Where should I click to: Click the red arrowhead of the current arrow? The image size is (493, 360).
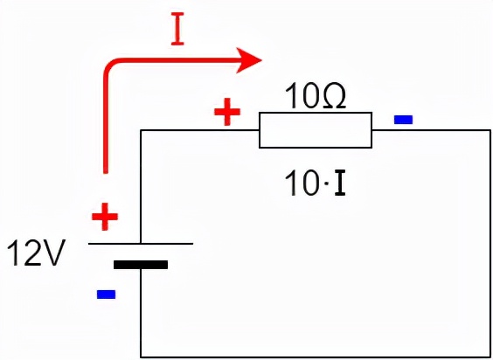(248, 60)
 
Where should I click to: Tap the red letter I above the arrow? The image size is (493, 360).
(177, 29)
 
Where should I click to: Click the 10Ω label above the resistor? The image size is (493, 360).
(315, 95)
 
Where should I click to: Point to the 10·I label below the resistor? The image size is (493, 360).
(315, 183)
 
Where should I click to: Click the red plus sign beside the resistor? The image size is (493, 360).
(227, 112)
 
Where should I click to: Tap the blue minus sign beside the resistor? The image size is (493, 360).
(403, 120)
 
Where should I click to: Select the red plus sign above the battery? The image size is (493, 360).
(105, 217)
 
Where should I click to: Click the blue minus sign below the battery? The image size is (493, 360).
(107, 294)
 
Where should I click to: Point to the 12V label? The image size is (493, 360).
(36, 253)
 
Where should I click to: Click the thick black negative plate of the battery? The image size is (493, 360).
(141, 265)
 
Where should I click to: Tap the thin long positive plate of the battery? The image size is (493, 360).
(141, 244)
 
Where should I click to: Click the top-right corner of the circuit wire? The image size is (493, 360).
(490, 130)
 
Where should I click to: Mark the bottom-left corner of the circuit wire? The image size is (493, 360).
(141, 357)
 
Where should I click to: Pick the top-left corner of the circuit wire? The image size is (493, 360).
(141, 130)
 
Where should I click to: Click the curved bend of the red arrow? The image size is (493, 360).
(111, 66)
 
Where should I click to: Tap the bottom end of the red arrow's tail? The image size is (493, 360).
(106, 171)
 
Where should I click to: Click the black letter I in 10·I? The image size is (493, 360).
(339, 183)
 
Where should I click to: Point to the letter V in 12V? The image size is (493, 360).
(53, 253)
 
